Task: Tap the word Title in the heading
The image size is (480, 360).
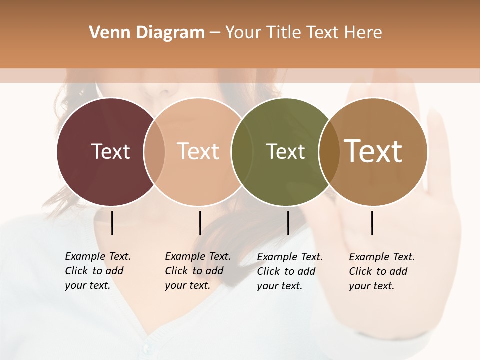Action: coord(285,33)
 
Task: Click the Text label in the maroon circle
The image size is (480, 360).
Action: coord(110,151)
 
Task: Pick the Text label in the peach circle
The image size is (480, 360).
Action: coord(198,151)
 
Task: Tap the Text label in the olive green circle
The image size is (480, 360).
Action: coord(285,151)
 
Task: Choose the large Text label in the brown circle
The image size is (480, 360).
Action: coord(373,151)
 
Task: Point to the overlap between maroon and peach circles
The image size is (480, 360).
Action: coord(154,151)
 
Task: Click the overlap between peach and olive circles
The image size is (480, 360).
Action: coord(242,151)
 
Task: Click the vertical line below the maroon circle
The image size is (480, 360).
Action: coord(112,223)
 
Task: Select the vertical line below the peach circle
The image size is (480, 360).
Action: coord(200,223)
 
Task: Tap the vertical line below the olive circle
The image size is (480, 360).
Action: coord(288,223)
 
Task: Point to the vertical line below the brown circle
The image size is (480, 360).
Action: coord(372,223)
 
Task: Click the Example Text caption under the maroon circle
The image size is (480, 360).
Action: coord(97,271)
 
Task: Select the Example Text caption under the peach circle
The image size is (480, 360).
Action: coord(197,271)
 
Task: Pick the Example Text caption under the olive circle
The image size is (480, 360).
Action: coord(289,271)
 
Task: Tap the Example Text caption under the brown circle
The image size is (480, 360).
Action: coord(381,271)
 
